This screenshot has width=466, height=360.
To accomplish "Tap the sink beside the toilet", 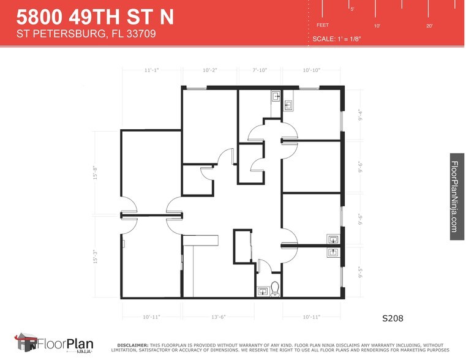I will point(263,292).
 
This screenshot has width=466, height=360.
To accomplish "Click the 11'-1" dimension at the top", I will point(151,70).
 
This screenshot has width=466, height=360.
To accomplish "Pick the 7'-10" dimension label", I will point(260,70).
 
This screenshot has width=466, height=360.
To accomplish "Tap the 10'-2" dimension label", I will point(210,70).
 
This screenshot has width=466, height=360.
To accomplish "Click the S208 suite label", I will point(393,318).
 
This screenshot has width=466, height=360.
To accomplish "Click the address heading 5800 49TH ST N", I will point(95,16).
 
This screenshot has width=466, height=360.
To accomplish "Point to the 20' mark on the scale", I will point(430,26).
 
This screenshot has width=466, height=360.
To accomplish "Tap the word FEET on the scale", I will point(322,25).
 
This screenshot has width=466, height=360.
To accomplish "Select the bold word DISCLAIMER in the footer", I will point(131,345).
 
